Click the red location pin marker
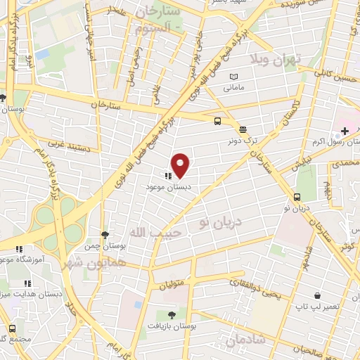pyautogui.click(x=181, y=166)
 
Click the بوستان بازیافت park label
pyautogui.click(x=172, y=326)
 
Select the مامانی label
pyautogui.click(x=233, y=89)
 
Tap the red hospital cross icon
pyautogui.click(x=345, y=131)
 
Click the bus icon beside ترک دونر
pyautogui.click(x=219, y=120)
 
